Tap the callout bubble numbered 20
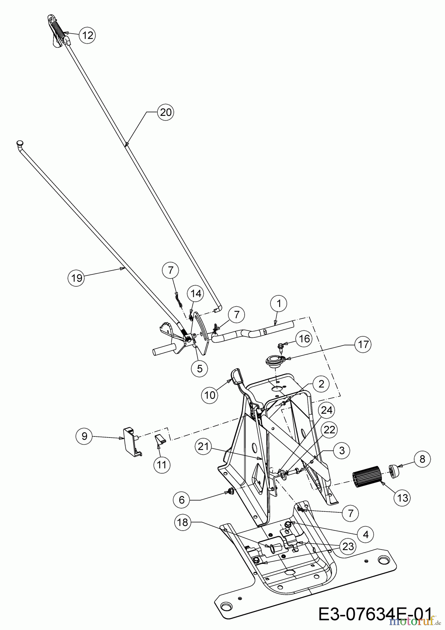[166, 112]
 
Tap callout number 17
[363, 344]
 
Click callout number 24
[326, 410]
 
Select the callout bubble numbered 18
[183, 523]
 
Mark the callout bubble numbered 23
[348, 546]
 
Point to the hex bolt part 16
[281, 347]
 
